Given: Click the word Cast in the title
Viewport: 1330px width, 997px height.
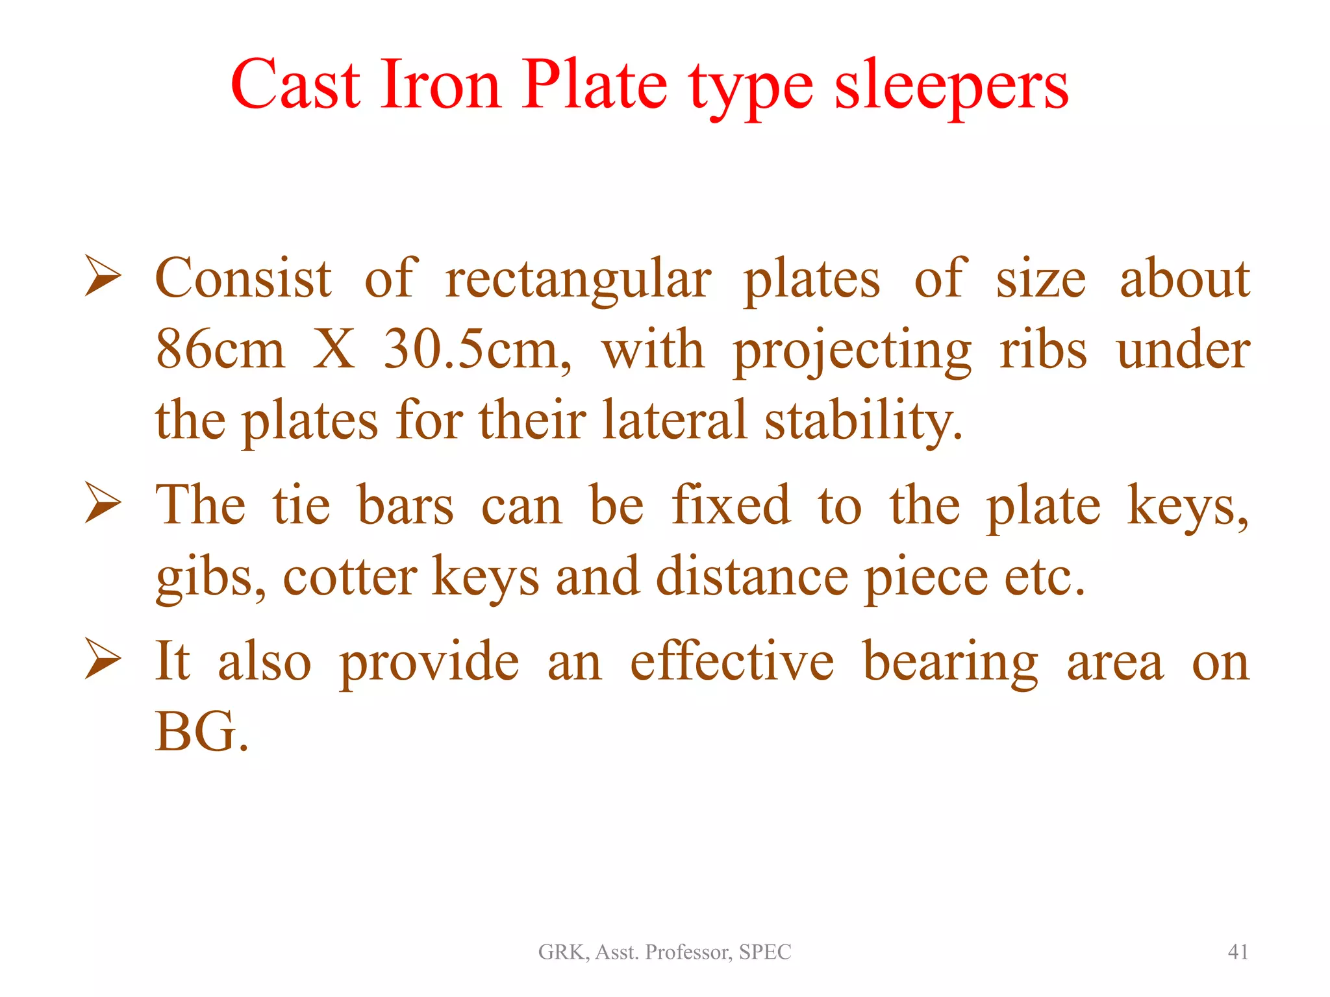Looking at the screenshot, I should coord(295,86).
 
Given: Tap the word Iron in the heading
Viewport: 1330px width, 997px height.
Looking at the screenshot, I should coord(440,86).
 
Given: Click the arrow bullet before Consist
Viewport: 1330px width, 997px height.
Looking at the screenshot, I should coord(103,277).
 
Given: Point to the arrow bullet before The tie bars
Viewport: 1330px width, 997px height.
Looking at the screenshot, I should coord(103,505).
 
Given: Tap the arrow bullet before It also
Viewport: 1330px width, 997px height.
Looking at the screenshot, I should coord(103,660).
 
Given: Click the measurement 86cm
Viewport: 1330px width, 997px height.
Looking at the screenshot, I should coord(220,350).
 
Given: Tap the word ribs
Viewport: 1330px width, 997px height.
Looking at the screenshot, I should coord(1043,350).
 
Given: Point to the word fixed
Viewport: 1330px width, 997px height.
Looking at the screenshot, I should coord(731,505).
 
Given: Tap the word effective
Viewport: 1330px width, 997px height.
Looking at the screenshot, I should coord(732,661).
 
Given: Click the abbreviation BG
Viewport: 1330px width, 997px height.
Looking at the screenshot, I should coord(197,732).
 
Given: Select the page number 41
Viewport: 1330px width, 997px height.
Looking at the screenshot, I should coord(1238,952).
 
